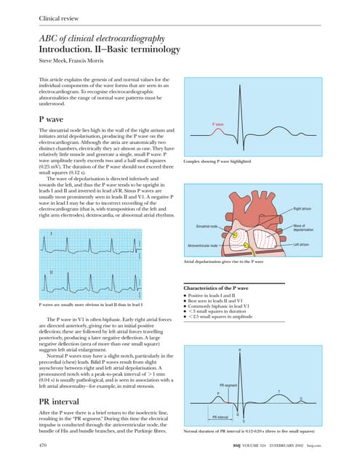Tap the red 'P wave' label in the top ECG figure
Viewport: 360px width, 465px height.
[218, 124]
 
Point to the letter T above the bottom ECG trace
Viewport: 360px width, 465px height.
[280, 393]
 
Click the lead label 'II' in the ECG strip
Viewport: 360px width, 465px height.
[51, 273]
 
